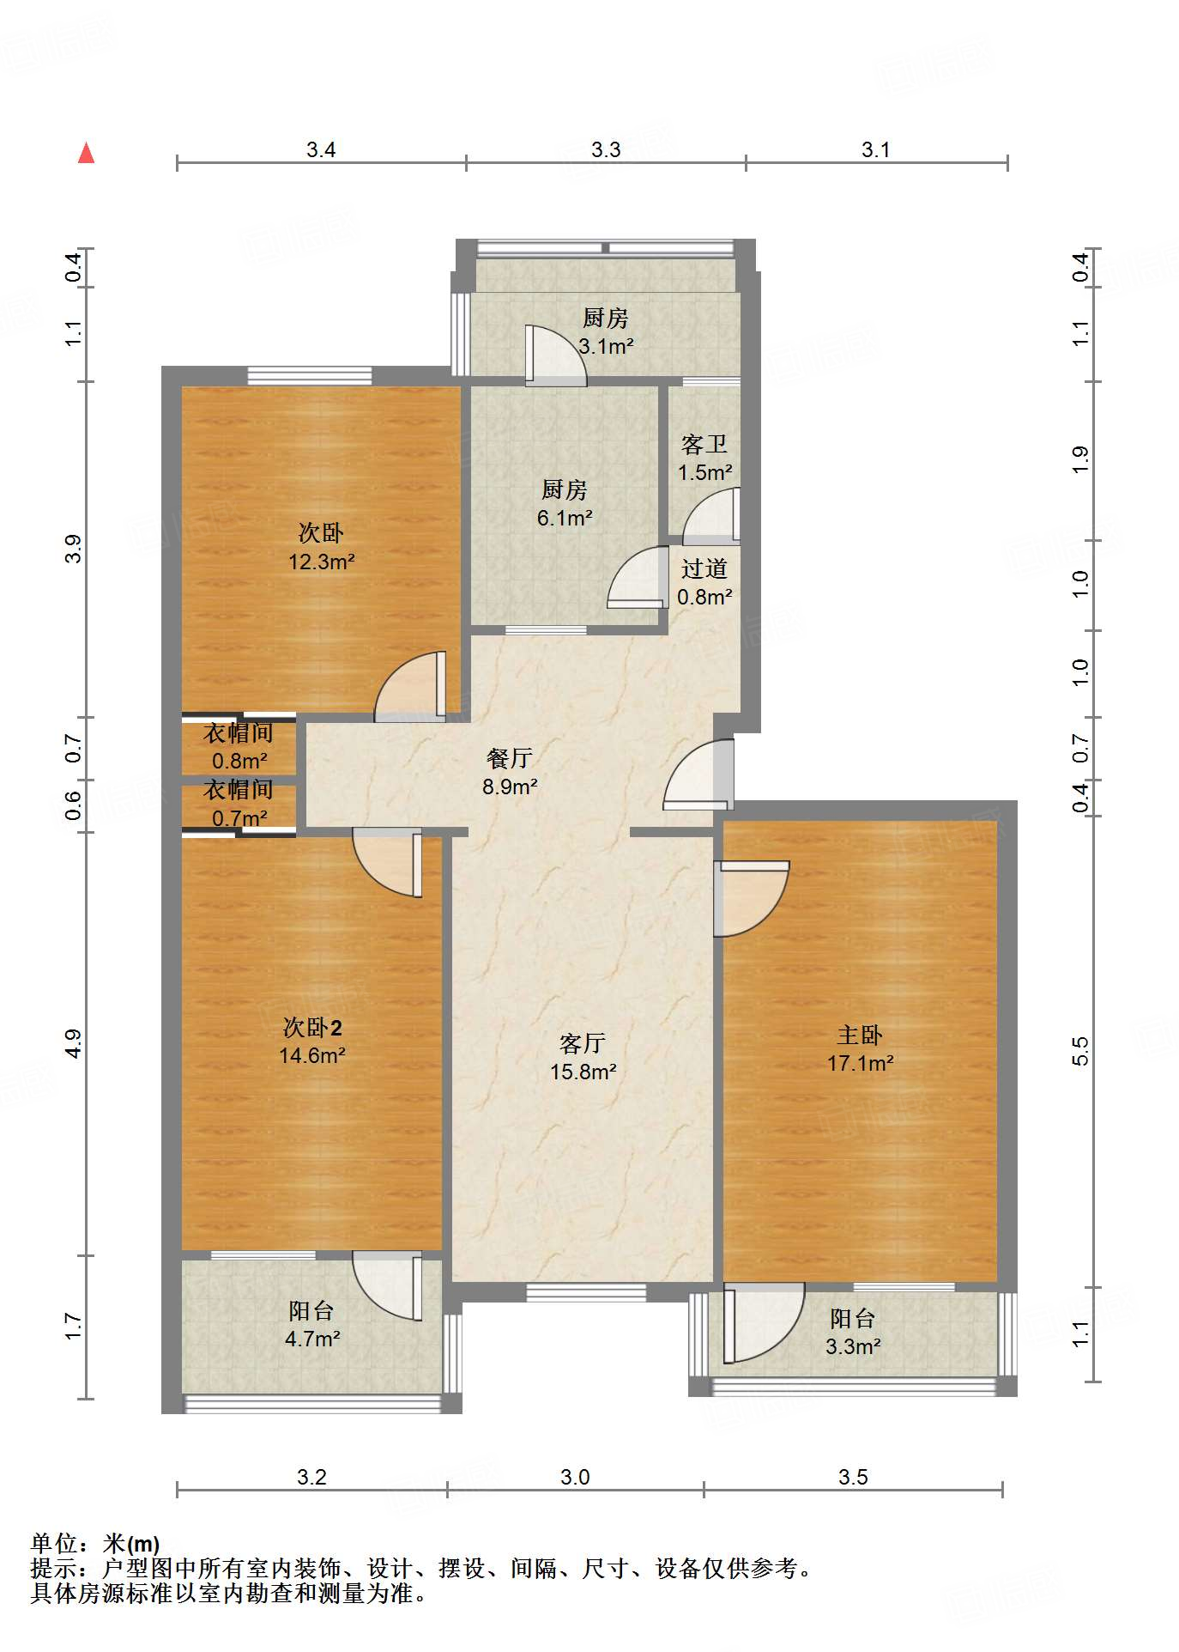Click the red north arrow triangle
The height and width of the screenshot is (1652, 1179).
coord(86,154)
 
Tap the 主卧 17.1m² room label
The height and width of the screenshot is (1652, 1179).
coord(860,1048)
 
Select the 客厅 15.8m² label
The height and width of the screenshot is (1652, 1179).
coord(583,1057)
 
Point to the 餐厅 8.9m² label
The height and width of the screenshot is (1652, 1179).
coord(510,772)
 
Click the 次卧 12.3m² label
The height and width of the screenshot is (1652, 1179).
coord(321,547)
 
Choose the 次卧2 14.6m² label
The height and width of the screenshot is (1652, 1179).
coord(312,1041)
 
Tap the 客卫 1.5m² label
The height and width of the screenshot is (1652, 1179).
coord(704,458)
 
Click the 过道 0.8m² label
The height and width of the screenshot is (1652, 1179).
coord(704,582)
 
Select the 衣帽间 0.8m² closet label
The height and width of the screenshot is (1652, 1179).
coord(239,746)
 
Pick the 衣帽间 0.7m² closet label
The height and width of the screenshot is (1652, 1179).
coord(239,804)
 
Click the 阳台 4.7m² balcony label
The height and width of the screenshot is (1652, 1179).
coord(312,1324)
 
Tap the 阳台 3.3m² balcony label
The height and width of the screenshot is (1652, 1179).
coord(853,1332)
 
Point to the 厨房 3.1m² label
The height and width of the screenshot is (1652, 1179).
coord(606,331)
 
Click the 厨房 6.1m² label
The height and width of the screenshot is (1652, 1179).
coord(565,503)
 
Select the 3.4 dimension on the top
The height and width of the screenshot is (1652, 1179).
coord(321,149)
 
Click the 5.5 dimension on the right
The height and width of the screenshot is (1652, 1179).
coord(1079,1051)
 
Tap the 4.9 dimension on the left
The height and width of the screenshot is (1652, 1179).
coord(74,1043)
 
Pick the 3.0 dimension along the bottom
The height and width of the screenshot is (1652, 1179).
coord(575,1477)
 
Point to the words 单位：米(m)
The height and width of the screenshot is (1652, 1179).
coord(95,1544)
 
